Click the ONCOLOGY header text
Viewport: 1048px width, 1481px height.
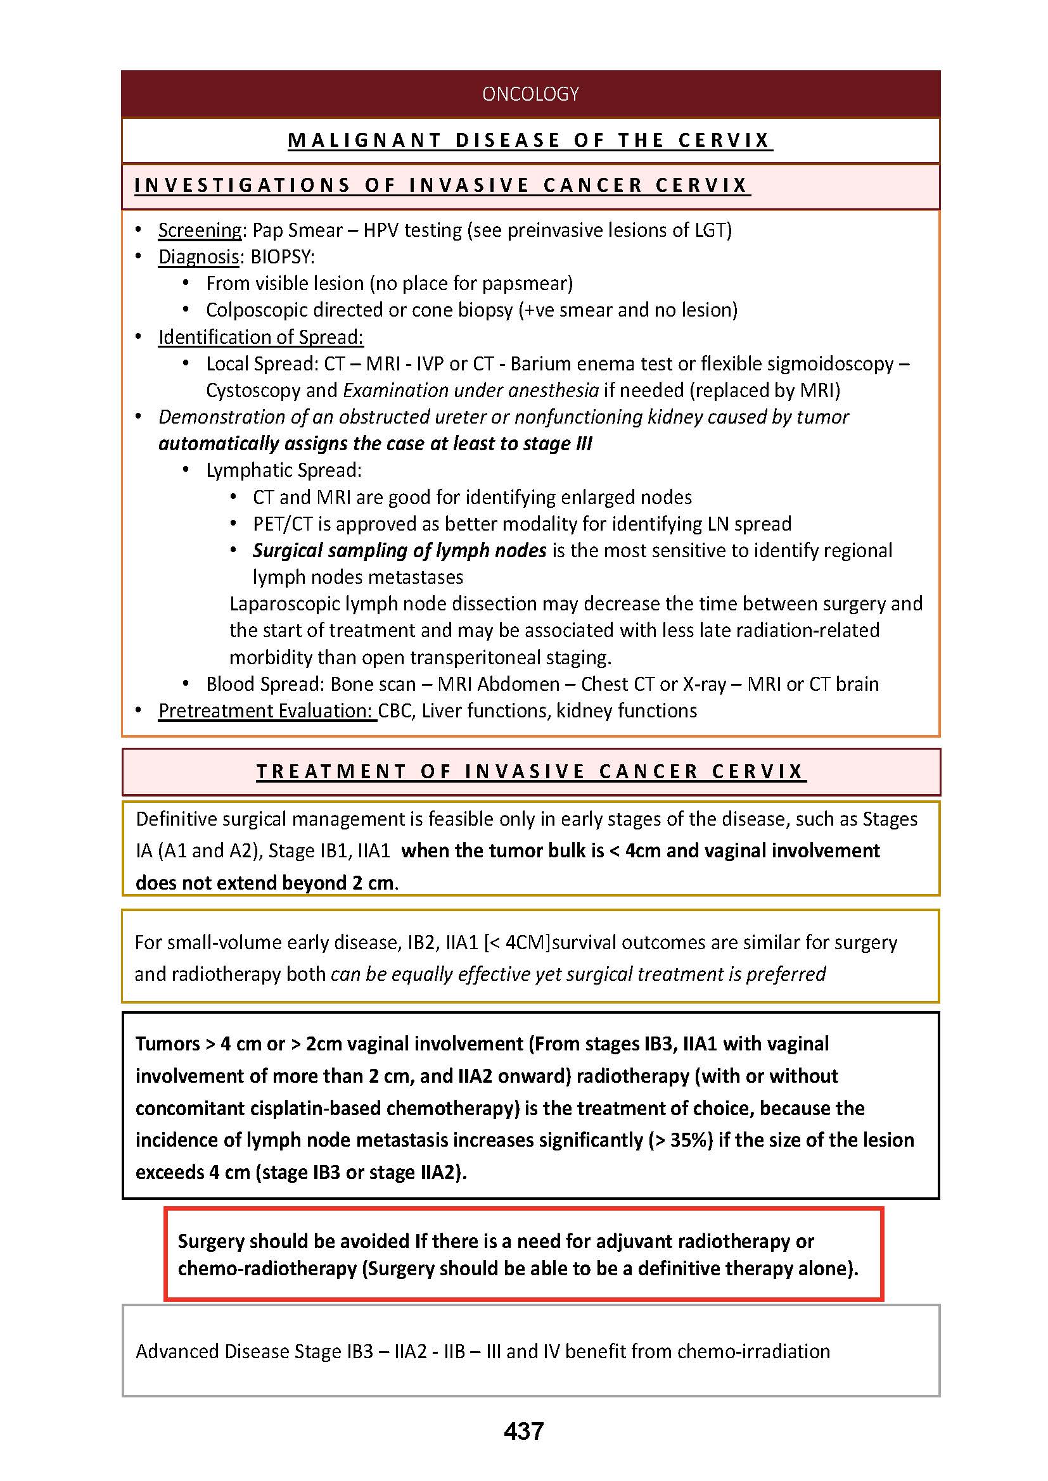tap(530, 94)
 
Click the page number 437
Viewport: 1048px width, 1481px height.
tap(523, 1431)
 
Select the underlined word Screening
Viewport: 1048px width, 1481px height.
tap(200, 230)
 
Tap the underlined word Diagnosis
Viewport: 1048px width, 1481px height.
tap(199, 256)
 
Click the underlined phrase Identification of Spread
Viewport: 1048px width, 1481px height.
tap(260, 337)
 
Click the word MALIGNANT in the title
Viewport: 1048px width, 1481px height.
tap(364, 141)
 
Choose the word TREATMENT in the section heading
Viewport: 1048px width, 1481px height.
tap(331, 771)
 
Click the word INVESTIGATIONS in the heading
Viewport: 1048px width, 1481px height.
tap(242, 186)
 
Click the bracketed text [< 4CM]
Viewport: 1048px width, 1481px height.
tap(517, 942)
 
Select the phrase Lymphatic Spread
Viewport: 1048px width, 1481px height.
tap(283, 470)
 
